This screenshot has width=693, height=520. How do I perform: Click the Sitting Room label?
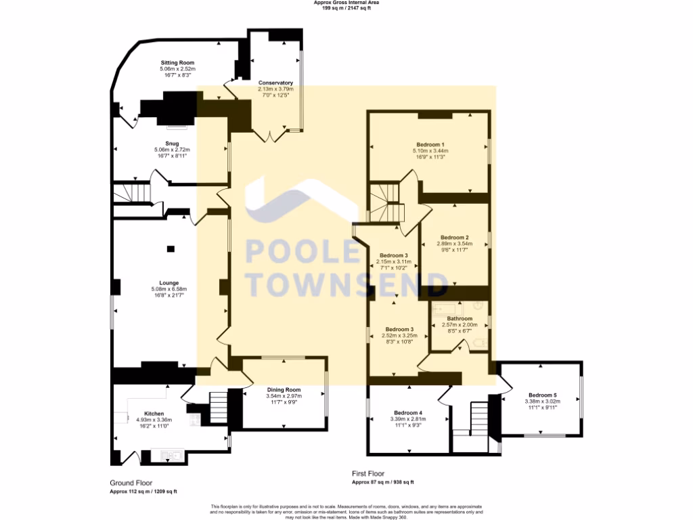177,62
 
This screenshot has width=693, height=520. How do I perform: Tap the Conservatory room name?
275,83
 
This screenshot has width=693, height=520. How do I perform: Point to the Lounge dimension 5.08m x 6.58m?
169,290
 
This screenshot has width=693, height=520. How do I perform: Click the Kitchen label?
154,413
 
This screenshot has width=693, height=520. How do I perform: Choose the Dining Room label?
284,390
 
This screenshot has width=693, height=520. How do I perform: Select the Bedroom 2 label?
453,238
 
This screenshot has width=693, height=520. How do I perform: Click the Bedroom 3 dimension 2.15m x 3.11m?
393,261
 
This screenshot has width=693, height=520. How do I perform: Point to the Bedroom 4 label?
408,413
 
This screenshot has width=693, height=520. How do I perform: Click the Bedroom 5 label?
542,395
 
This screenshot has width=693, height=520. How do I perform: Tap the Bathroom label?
460,318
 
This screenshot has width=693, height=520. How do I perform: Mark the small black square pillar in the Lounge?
170,248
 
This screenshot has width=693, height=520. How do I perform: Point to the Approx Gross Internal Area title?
346,3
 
